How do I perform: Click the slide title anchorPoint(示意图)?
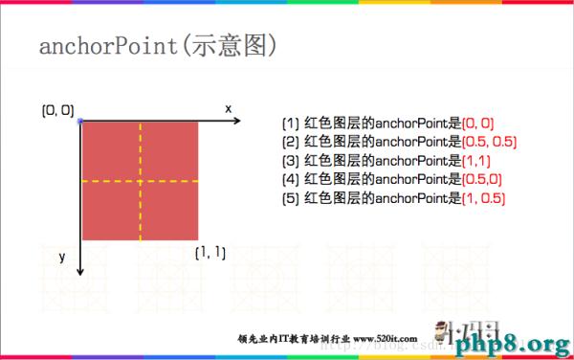(x=157, y=47)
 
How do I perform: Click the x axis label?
(x=229, y=108)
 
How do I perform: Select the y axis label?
(x=60, y=257)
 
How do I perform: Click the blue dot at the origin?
(x=80, y=122)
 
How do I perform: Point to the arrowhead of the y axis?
(x=80, y=273)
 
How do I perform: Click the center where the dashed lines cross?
(x=140, y=181)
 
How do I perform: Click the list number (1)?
(x=290, y=124)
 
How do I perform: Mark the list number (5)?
(x=290, y=198)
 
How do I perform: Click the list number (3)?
(x=290, y=161)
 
